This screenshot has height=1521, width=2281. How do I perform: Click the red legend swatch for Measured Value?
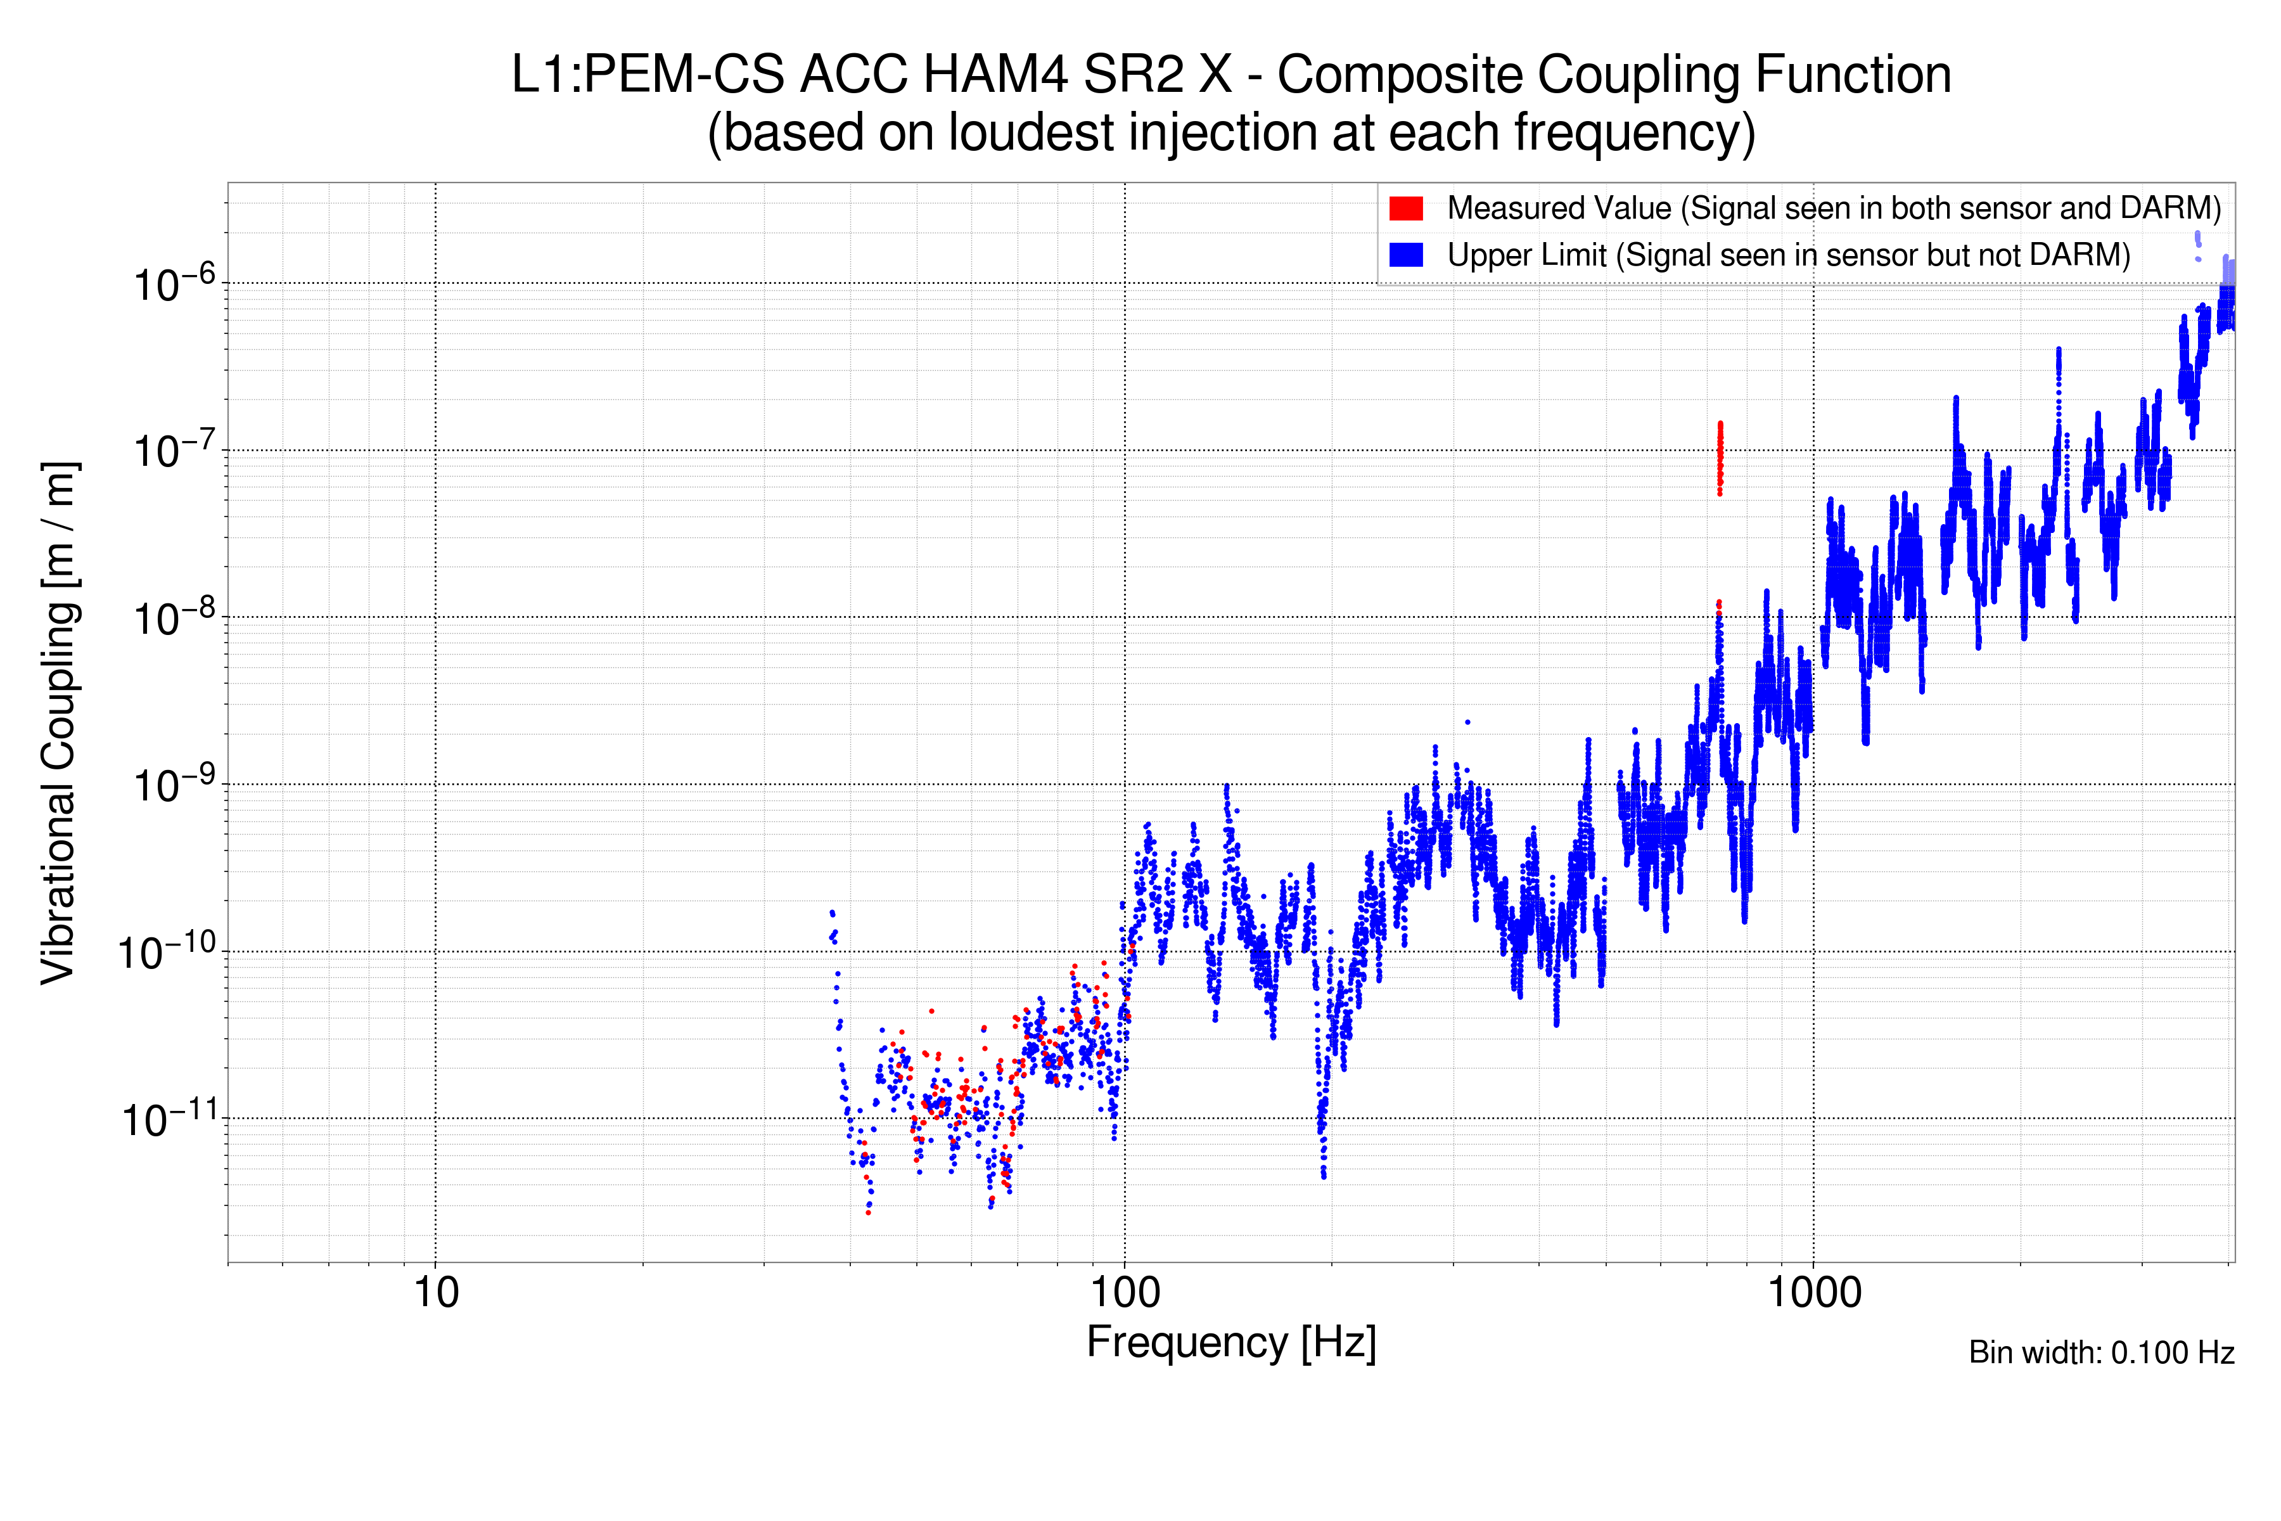1405,208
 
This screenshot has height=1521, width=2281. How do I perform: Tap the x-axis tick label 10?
435,1293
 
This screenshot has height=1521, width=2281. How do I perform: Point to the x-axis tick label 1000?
1813,1293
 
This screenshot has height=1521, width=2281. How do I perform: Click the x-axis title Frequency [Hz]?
1230,1342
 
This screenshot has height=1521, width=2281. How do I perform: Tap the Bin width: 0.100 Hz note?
2100,1352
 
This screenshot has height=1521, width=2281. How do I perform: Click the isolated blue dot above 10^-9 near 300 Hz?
1467,722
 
